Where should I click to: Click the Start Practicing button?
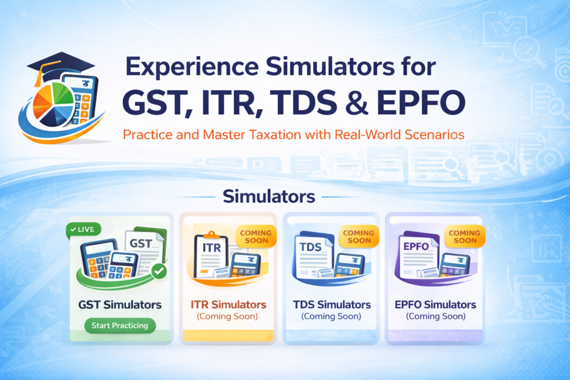coord(120,325)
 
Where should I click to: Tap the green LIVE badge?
coord(83,230)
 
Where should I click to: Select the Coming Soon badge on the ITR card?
coord(256,236)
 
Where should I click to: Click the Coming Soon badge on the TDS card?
coord(358,236)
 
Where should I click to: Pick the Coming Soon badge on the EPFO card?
coord(465,236)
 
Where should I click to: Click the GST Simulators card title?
coord(120,304)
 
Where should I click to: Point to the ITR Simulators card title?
coord(228,304)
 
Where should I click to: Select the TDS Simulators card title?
coord(332,304)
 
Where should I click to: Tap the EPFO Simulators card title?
coord(435,304)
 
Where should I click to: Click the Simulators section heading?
coord(269,196)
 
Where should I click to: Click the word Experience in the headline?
coord(192,66)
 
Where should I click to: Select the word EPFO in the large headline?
coord(421,102)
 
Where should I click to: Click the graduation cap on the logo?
coord(60,66)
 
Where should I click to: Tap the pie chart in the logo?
coord(53,104)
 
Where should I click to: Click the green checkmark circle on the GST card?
coord(159,271)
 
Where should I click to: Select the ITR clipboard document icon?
coord(211,255)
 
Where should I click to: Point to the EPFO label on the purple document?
coord(416,246)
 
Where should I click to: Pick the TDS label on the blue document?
coord(311,247)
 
